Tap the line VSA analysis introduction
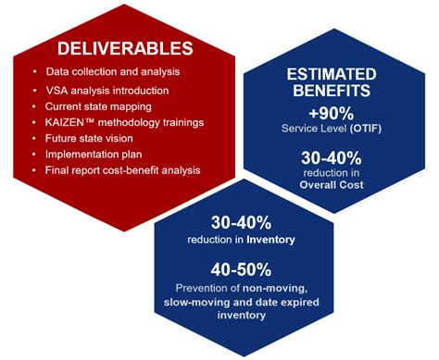107,90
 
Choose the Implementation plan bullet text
95,154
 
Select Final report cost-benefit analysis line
122,169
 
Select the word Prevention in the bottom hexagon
209,288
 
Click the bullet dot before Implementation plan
35,154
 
